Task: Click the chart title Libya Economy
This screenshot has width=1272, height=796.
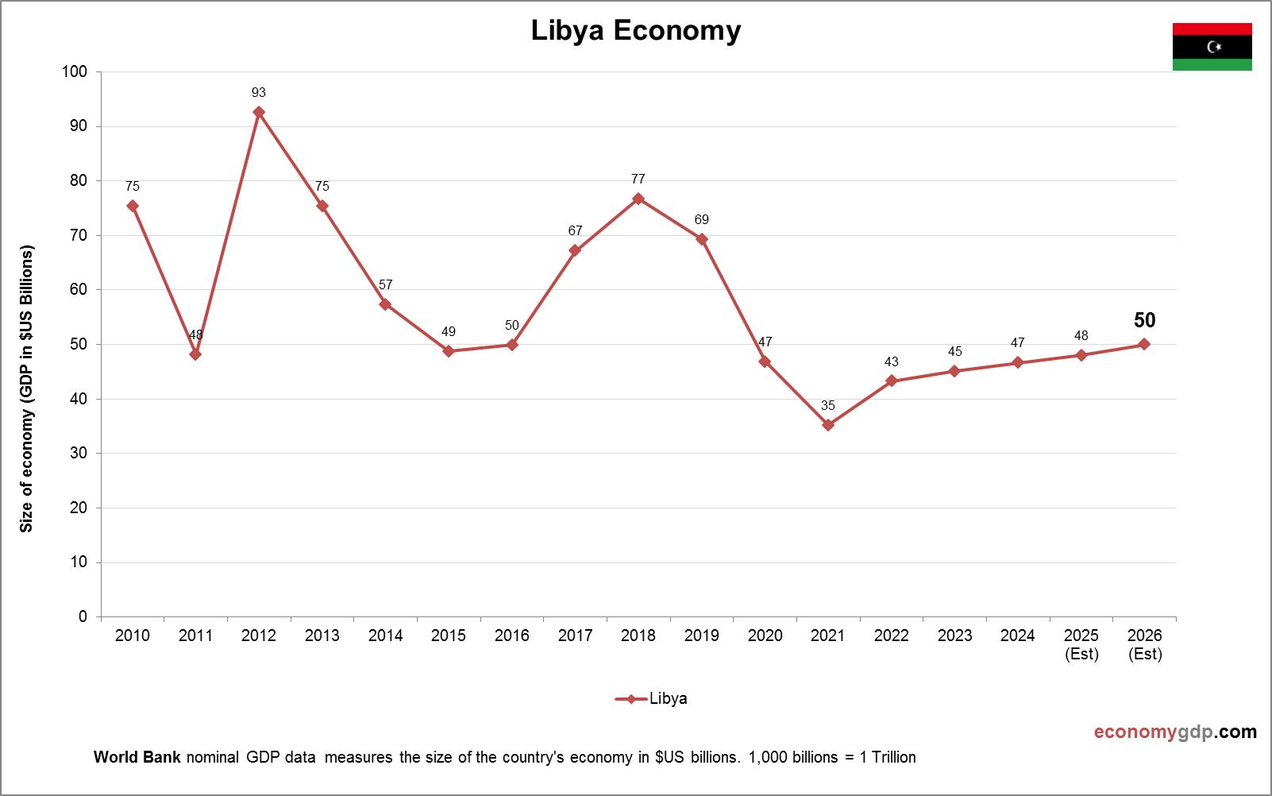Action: click(635, 30)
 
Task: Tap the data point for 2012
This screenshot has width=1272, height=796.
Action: click(259, 112)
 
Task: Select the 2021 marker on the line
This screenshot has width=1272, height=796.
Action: click(828, 425)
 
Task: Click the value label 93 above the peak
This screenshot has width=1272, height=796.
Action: click(259, 93)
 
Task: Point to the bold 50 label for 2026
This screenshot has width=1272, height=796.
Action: click(1144, 321)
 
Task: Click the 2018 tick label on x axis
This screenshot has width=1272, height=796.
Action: click(638, 636)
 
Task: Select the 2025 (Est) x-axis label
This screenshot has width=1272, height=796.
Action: click(1081, 644)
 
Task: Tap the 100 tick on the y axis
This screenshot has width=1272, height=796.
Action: click(75, 72)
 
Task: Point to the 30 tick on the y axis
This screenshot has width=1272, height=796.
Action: click(78, 454)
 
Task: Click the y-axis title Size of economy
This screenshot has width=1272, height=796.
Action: click(27, 389)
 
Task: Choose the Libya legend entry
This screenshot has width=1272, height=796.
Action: click(652, 699)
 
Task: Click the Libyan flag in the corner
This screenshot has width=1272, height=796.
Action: click(1212, 47)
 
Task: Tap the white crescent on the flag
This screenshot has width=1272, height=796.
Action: click(1212, 47)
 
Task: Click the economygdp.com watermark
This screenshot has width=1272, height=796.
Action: click(1175, 732)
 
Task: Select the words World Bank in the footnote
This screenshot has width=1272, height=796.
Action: click(137, 757)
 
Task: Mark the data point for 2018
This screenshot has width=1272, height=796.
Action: click(638, 199)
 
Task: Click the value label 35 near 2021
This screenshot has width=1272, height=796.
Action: click(828, 406)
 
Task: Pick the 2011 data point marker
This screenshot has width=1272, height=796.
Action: click(195, 354)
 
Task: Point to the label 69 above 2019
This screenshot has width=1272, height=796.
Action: click(701, 220)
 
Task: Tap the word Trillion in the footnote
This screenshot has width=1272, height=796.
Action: click(893, 757)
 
